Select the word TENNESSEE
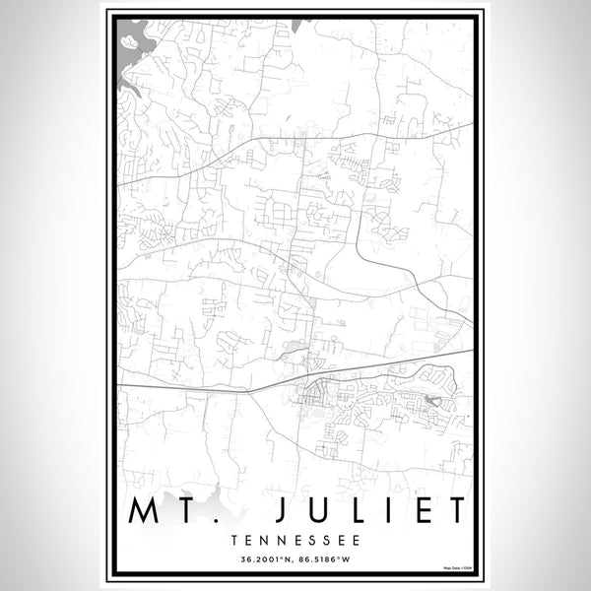295,541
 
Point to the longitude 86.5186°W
326,561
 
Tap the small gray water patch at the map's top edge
307,21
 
